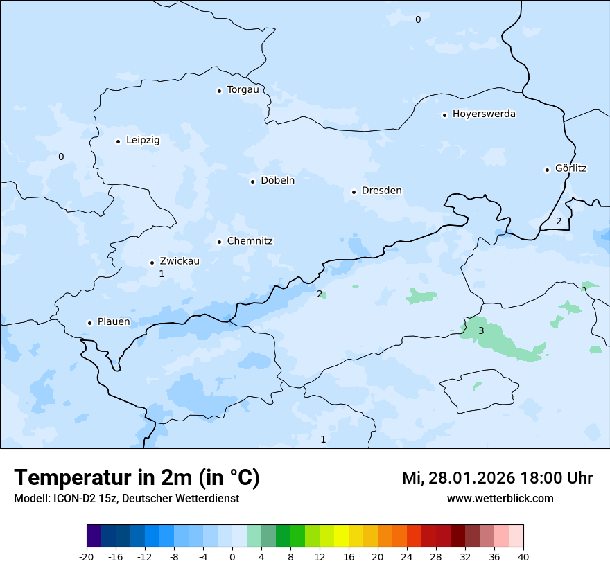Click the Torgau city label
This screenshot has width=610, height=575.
click(x=243, y=90)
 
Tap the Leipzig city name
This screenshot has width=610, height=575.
click(x=143, y=141)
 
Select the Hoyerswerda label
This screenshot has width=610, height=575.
click(x=484, y=114)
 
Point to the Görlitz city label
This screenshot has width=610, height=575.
click(x=570, y=168)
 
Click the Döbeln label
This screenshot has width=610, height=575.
click(x=277, y=181)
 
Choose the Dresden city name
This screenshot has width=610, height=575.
click(x=381, y=191)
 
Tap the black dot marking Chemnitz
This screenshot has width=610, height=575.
click(x=220, y=242)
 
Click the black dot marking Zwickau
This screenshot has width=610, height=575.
click(x=152, y=263)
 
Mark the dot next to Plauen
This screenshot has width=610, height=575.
click(x=89, y=323)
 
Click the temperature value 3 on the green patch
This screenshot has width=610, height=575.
click(x=481, y=330)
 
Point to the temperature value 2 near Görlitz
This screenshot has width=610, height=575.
click(x=559, y=222)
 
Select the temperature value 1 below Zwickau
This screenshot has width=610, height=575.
click(x=162, y=274)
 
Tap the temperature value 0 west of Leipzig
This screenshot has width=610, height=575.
click(x=61, y=157)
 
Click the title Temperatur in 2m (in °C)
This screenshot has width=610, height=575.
click(x=137, y=478)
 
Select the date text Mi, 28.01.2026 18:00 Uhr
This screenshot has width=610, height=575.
click(x=497, y=479)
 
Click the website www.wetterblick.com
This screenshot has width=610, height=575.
click(x=500, y=499)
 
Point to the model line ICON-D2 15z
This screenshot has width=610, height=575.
click(x=126, y=499)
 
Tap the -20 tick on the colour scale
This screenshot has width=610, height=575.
click(x=87, y=557)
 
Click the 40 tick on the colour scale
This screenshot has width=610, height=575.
click(x=523, y=557)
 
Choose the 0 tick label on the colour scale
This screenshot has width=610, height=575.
click(x=232, y=557)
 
